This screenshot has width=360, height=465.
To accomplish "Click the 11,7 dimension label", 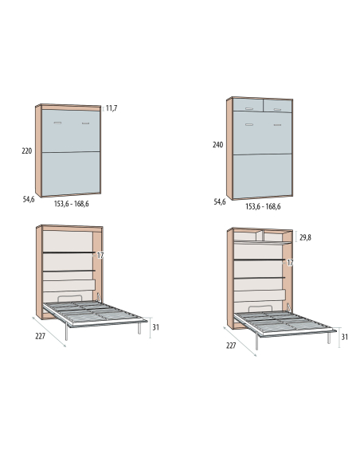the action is (x=112, y=108).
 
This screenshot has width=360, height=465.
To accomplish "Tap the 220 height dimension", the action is (x=27, y=151).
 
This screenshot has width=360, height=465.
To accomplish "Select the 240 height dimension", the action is (x=217, y=145).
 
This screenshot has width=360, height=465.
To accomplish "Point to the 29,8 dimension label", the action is (x=305, y=237).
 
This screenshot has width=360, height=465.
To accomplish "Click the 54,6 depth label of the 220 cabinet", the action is (x=29, y=199).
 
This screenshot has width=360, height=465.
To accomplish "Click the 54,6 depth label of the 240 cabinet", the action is (x=220, y=202).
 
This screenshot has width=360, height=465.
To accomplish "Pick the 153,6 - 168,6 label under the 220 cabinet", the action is (x=71, y=204).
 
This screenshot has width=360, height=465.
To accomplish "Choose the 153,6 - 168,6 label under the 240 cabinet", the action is (x=263, y=206).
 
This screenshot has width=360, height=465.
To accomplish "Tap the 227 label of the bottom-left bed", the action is (x=41, y=336).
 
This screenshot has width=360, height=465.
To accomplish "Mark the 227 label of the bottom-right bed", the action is (x=231, y=346).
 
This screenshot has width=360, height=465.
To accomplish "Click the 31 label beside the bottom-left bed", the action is (x=155, y=327).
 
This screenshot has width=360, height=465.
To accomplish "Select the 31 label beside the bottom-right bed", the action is (x=344, y=337).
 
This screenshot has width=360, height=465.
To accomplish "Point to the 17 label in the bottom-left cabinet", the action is (x=100, y=256).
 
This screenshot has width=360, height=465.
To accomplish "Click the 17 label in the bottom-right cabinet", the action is (x=290, y=263).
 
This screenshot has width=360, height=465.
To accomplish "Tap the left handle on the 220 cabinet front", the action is (x=57, y=123).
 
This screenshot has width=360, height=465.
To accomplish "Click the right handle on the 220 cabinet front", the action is (x=86, y=123).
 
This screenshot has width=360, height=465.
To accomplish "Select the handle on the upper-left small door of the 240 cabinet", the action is (x=249, y=108).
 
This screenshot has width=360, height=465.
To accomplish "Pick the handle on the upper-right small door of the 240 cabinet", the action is (x=277, y=109).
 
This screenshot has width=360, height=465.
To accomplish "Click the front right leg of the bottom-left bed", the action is (x=139, y=328).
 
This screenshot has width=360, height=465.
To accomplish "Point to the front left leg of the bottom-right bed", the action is (x=256, y=342).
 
